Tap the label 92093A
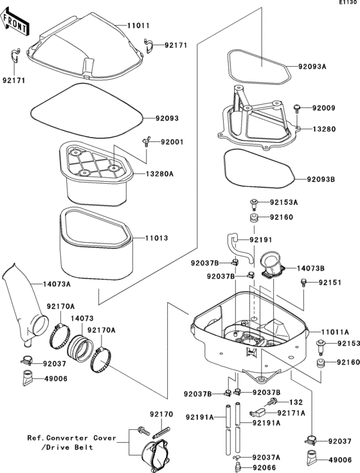[312, 67]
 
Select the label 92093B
[321, 179]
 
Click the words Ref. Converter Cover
[71, 438]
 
